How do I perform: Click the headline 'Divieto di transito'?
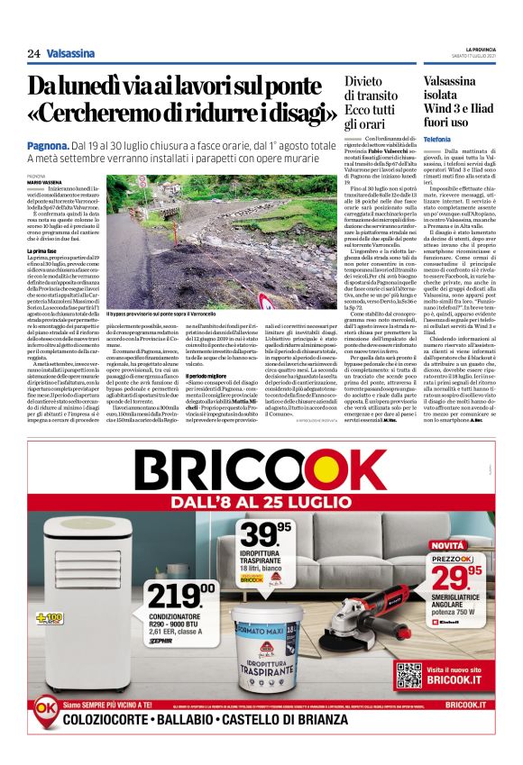coord(370,102)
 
